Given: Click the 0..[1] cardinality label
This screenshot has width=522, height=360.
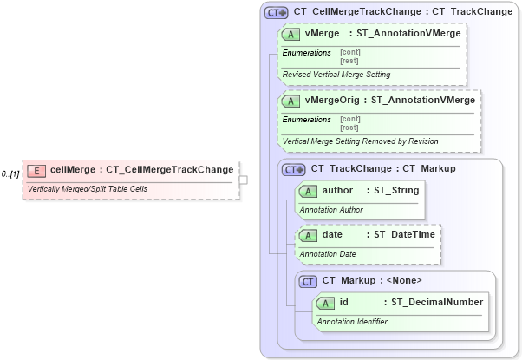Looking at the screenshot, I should pyautogui.click(x=10, y=174).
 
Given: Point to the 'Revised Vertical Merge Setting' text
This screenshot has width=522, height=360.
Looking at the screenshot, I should pyautogui.click(x=336, y=75).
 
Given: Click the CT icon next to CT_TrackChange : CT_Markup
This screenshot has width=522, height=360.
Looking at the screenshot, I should pyautogui.click(x=294, y=169).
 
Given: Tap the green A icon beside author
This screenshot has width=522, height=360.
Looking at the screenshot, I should pyautogui.click(x=308, y=190).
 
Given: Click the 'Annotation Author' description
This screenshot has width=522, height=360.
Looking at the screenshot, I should pyautogui.click(x=331, y=210).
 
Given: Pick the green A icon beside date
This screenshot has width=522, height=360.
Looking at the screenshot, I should pyautogui.click(x=308, y=235).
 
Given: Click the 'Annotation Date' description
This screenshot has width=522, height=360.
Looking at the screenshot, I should pyautogui.click(x=328, y=254).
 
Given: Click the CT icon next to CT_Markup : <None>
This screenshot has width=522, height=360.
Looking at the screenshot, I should pyautogui.click(x=308, y=281).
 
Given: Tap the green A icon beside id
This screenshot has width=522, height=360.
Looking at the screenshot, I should pyautogui.click(x=325, y=303).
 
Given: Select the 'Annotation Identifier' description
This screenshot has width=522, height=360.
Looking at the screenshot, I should pyautogui.click(x=352, y=322).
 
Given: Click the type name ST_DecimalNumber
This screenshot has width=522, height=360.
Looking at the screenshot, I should pyautogui.click(x=437, y=302).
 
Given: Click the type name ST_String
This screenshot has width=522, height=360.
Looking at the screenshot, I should pyautogui.click(x=396, y=189).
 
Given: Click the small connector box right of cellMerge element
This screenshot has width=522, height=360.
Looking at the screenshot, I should pyautogui.click(x=244, y=180).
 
